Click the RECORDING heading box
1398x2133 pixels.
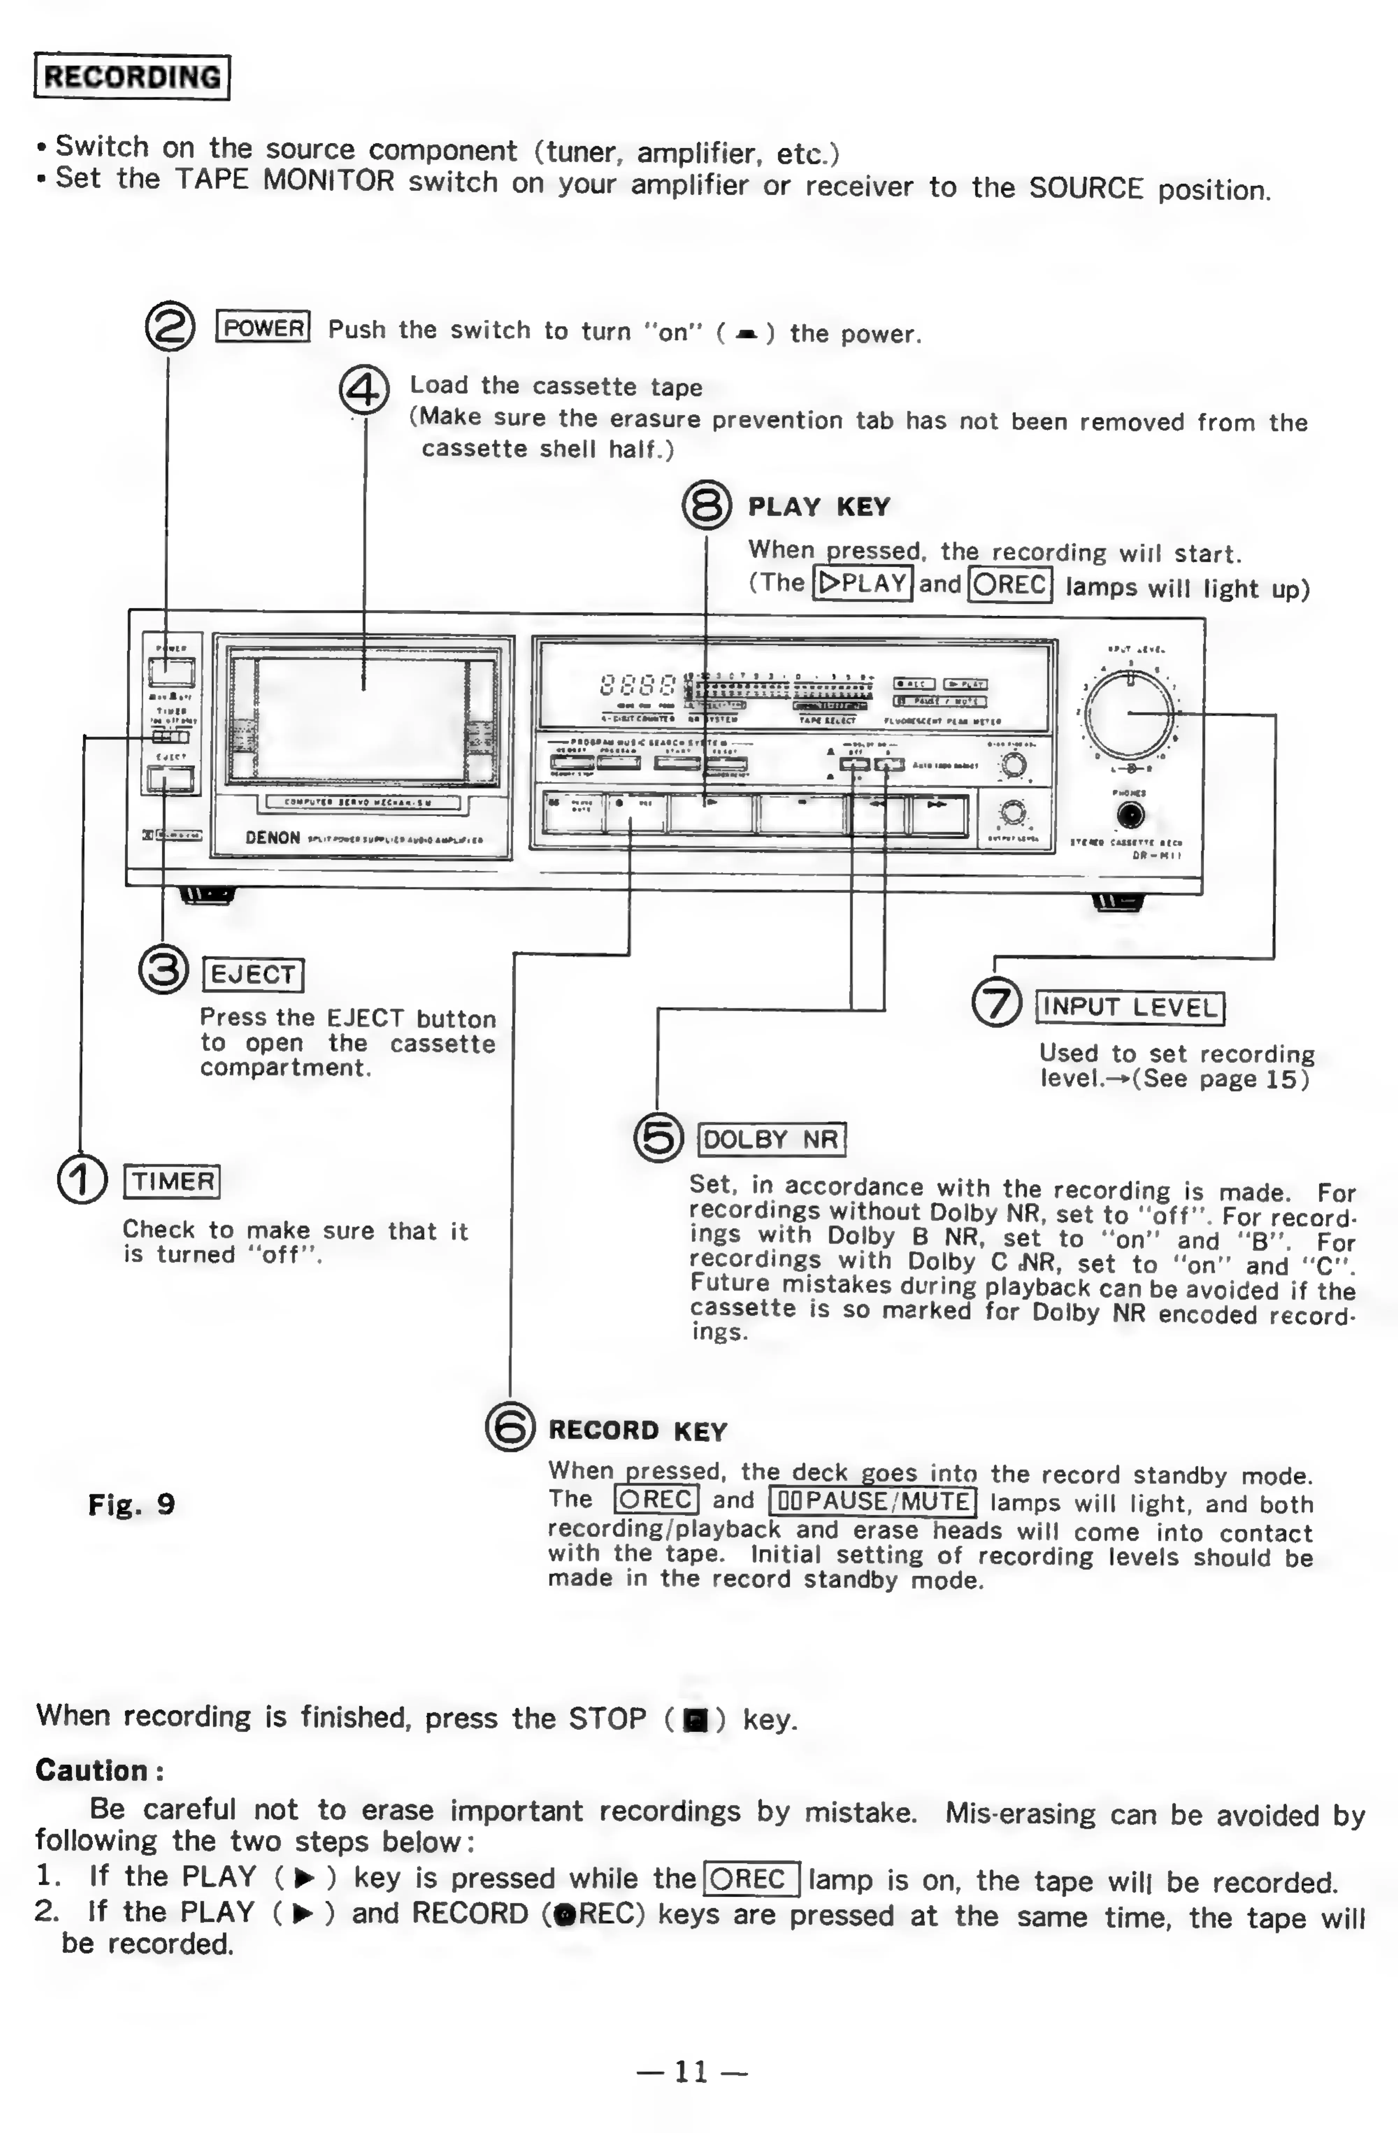pos(132,77)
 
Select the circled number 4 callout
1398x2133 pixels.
pos(364,391)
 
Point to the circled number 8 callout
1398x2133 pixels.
pos(707,507)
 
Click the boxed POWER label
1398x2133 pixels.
pos(262,328)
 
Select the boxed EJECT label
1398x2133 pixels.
pos(253,974)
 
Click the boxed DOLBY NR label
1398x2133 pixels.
pos(771,1139)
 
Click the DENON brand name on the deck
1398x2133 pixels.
pos(272,838)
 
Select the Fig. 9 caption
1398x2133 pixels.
pos(131,1505)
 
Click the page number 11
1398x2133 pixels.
pos(691,2071)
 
